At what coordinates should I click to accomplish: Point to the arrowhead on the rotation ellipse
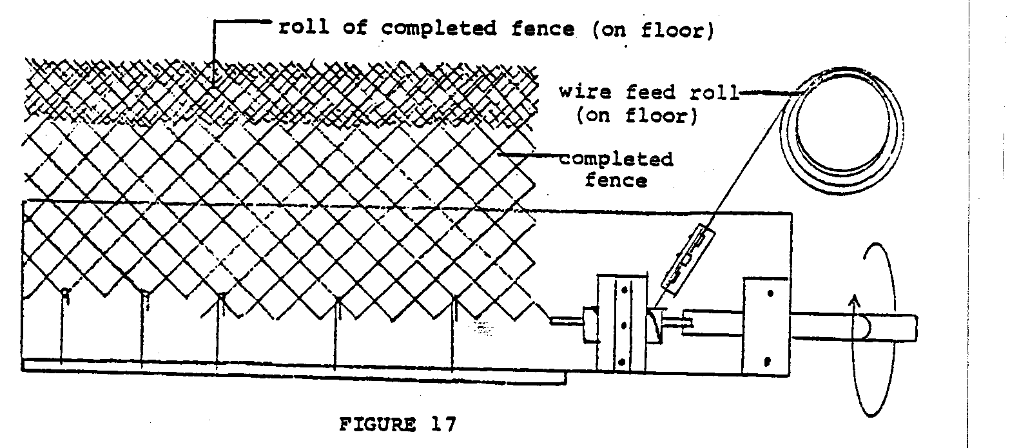click(x=854, y=300)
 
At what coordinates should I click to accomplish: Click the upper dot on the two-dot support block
click(x=770, y=293)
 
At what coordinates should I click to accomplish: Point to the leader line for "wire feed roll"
click(x=761, y=93)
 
